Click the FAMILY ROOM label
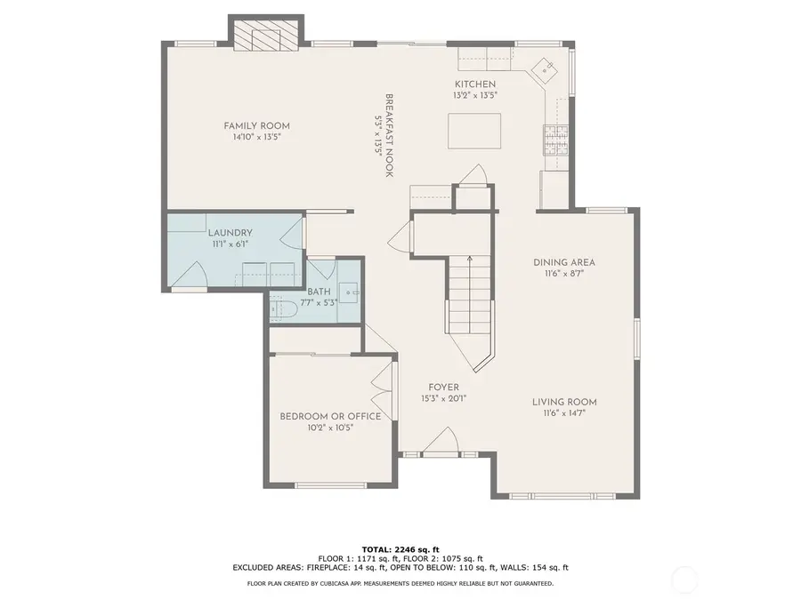click(x=256, y=125)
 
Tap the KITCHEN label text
click(x=475, y=84)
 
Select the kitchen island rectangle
click(x=474, y=132)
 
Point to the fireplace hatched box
click(x=265, y=36)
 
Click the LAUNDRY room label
click(x=230, y=233)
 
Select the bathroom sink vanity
click(x=350, y=292)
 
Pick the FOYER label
click(x=443, y=388)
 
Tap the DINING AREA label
click(x=564, y=262)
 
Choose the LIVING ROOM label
click(x=564, y=402)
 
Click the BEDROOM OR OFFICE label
click(x=330, y=416)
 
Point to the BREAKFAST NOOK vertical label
click(x=389, y=135)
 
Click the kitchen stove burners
click(x=556, y=140)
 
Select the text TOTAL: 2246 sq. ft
click(x=400, y=549)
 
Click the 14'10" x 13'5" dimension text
click(x=257, y=137)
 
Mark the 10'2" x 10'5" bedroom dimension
click(x=330, y=428)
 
